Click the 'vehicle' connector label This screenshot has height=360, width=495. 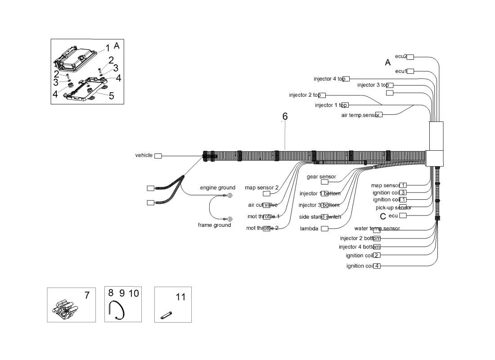point(144,155)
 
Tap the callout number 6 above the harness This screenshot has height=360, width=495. point(285,117)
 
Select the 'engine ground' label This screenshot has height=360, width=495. point(217,188)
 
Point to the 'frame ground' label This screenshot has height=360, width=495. point(214,225)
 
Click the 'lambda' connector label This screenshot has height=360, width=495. point(309,229)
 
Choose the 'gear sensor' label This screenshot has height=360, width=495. point(321,177)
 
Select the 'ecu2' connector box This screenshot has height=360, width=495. point(410,57)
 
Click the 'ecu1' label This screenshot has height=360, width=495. point(401,71)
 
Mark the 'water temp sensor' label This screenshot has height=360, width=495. point(377,229)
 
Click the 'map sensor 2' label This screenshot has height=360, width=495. point(261,188)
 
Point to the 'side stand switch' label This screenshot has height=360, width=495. point(320,217)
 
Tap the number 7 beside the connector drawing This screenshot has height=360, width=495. point(87,296)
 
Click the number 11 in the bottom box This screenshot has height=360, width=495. point(180,297)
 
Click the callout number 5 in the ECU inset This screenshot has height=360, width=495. point(111,95)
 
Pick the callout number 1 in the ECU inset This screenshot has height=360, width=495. point(108,48)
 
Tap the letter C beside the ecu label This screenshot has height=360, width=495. point(383,216)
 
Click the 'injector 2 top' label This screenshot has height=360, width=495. point(305,95)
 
